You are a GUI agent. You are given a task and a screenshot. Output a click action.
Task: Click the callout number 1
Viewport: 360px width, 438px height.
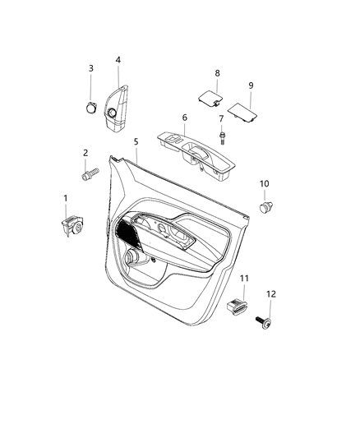tap(65, 199)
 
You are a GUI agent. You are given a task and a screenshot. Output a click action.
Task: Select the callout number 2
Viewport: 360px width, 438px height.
tap(85, 153)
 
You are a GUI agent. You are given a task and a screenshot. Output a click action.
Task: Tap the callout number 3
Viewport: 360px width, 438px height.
tap(90, 68)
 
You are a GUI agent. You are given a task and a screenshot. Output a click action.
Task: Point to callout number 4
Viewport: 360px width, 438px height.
tap(118, 60)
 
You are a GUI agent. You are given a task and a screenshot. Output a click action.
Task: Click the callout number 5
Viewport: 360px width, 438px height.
tap(136, 142)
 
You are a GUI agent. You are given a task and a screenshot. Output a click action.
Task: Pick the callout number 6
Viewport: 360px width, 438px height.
tap(185, 118)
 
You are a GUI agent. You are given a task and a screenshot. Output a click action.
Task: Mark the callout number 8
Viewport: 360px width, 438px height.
tap(218, 73)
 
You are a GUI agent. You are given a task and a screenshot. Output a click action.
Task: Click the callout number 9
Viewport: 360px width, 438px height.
tap(251, 85)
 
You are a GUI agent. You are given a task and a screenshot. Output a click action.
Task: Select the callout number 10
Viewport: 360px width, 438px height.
tap(265, 183)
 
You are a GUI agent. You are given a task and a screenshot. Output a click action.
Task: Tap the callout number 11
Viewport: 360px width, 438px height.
tap(244, 281)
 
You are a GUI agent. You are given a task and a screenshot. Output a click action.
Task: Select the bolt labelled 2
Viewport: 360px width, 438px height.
tap(89, 173)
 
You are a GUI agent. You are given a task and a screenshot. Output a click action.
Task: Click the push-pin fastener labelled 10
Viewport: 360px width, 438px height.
tap(265, 206)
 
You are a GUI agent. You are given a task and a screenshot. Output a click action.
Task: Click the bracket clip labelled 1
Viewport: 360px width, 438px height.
tap(72, 225)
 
